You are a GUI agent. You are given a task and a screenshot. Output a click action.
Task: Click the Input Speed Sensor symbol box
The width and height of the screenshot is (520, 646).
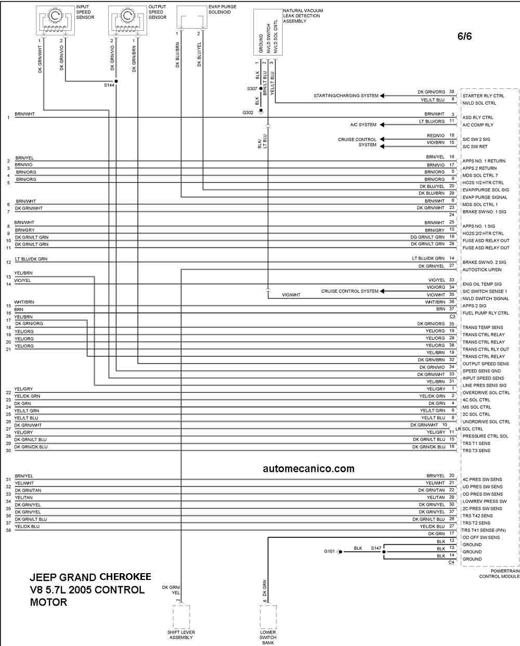pyautogui.click(x=55, y=20)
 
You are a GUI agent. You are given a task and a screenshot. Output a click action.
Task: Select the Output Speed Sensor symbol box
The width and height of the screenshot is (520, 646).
pyautogui.click(x=127, y=20)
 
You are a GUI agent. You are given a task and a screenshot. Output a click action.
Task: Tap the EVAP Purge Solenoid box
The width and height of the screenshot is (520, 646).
pyautogui.click(x=192, y=17)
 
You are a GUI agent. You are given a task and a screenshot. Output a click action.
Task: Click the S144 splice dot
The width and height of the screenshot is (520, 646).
pyautogui.click(x=116, y=81)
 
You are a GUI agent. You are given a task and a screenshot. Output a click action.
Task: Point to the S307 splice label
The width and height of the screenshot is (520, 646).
pyautogui.click(x=252, y=88)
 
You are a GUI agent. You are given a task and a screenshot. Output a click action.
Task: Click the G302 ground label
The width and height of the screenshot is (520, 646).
pyautogui.click(x=248, y=112)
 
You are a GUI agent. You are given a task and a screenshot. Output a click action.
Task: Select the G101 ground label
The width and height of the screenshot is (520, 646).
pyautogui.click(x=329, y=551)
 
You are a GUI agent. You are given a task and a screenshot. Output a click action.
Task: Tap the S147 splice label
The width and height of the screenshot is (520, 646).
pyautogui.click(x=376, y=548)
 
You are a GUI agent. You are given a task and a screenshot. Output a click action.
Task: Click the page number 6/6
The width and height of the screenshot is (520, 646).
pyautogui.click(x=464, y=36)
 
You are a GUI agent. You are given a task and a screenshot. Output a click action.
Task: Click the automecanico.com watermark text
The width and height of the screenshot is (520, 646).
pyautogui.click(x=308, y=469)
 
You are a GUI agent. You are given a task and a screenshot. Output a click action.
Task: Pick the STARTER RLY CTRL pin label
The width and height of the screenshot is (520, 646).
pyautogui.click(x=483, y=96)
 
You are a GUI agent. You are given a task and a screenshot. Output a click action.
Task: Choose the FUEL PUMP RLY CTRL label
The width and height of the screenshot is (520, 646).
pyautogui.click(x=486, y=313)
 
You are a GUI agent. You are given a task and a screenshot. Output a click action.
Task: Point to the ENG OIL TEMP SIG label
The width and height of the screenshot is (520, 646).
pyautogui.click(x=482, y=284)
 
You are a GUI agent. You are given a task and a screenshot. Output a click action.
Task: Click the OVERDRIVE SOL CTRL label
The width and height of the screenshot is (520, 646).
pyautogui.click(x=486, y=393)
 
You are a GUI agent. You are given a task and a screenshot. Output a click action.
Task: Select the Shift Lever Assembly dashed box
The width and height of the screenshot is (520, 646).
pyautogui.click(x=181, y=616)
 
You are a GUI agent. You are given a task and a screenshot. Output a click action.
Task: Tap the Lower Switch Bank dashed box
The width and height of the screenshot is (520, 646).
pyautogui.click(x=268, y=616)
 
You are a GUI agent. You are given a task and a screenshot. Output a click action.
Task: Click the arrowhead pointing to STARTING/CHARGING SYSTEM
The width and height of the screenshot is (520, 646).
pyautogui.click(x=382, y=96)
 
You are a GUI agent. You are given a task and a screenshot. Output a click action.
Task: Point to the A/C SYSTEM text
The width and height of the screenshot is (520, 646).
pyautogui.click(x=363, y=125)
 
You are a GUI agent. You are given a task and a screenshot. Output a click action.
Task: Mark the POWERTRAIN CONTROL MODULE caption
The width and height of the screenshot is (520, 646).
pyautogui.click(x=499, y=574)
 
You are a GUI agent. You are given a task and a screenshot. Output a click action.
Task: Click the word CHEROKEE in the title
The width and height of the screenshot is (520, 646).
pyautogui.click(x=125, y=577)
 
